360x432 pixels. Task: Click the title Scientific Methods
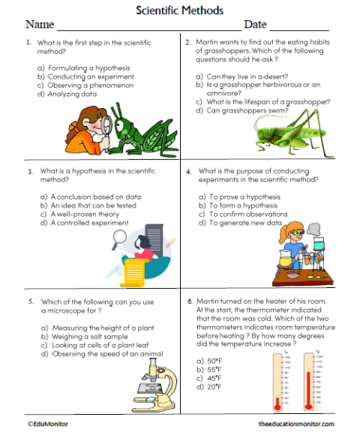(179, 10)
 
